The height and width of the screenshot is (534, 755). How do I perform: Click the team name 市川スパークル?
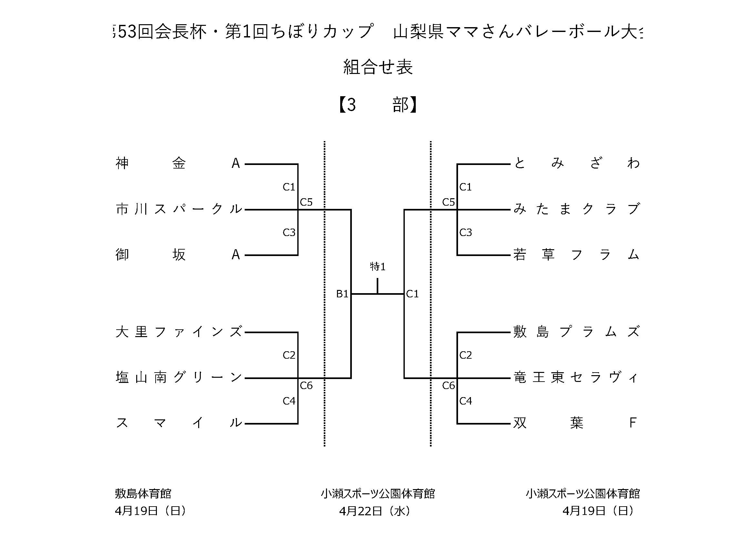click(179, 209)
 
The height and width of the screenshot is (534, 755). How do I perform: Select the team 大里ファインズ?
click(179, 332)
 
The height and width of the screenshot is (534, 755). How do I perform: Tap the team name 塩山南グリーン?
click(179, 377)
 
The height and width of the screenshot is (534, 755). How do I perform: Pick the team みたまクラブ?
click(576, 209)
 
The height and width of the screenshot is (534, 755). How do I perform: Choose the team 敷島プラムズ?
click(576, 332)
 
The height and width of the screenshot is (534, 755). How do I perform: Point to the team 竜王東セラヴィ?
click(576, 377)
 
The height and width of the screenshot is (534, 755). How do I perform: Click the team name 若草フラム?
click(576, 255)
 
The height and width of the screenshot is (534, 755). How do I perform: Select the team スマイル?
click(179, 423)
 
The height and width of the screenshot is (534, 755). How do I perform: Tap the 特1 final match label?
click(378, 267)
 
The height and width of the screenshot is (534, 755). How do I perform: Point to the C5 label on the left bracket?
click(306, 202)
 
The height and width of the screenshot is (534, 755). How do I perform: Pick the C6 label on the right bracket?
click(448, 385)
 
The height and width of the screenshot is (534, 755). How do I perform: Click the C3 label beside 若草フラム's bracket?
click(466, 233)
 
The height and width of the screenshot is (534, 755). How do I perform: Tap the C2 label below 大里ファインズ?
click(289, 355)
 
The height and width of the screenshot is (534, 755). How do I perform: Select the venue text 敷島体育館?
click(143, 494)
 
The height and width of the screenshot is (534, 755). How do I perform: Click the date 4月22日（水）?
click(375, 511)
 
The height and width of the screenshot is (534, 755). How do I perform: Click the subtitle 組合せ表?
click(378, 67)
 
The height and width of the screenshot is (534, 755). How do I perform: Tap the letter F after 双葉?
click(632, 423)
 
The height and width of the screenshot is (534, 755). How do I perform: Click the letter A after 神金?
click(236, 163)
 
